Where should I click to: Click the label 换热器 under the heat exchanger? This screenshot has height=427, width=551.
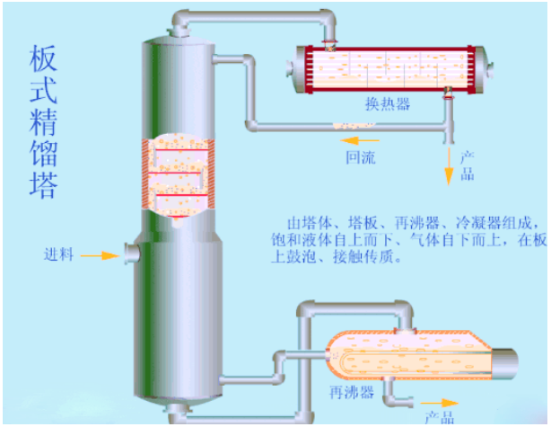(x=388, y=104)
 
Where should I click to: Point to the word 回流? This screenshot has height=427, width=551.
(x=363, y=156)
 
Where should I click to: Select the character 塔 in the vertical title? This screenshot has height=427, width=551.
(x=42, y=183)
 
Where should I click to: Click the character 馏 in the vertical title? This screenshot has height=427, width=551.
(x=42, y=154)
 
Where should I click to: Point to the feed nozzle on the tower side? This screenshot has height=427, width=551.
(x=131, y=254)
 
